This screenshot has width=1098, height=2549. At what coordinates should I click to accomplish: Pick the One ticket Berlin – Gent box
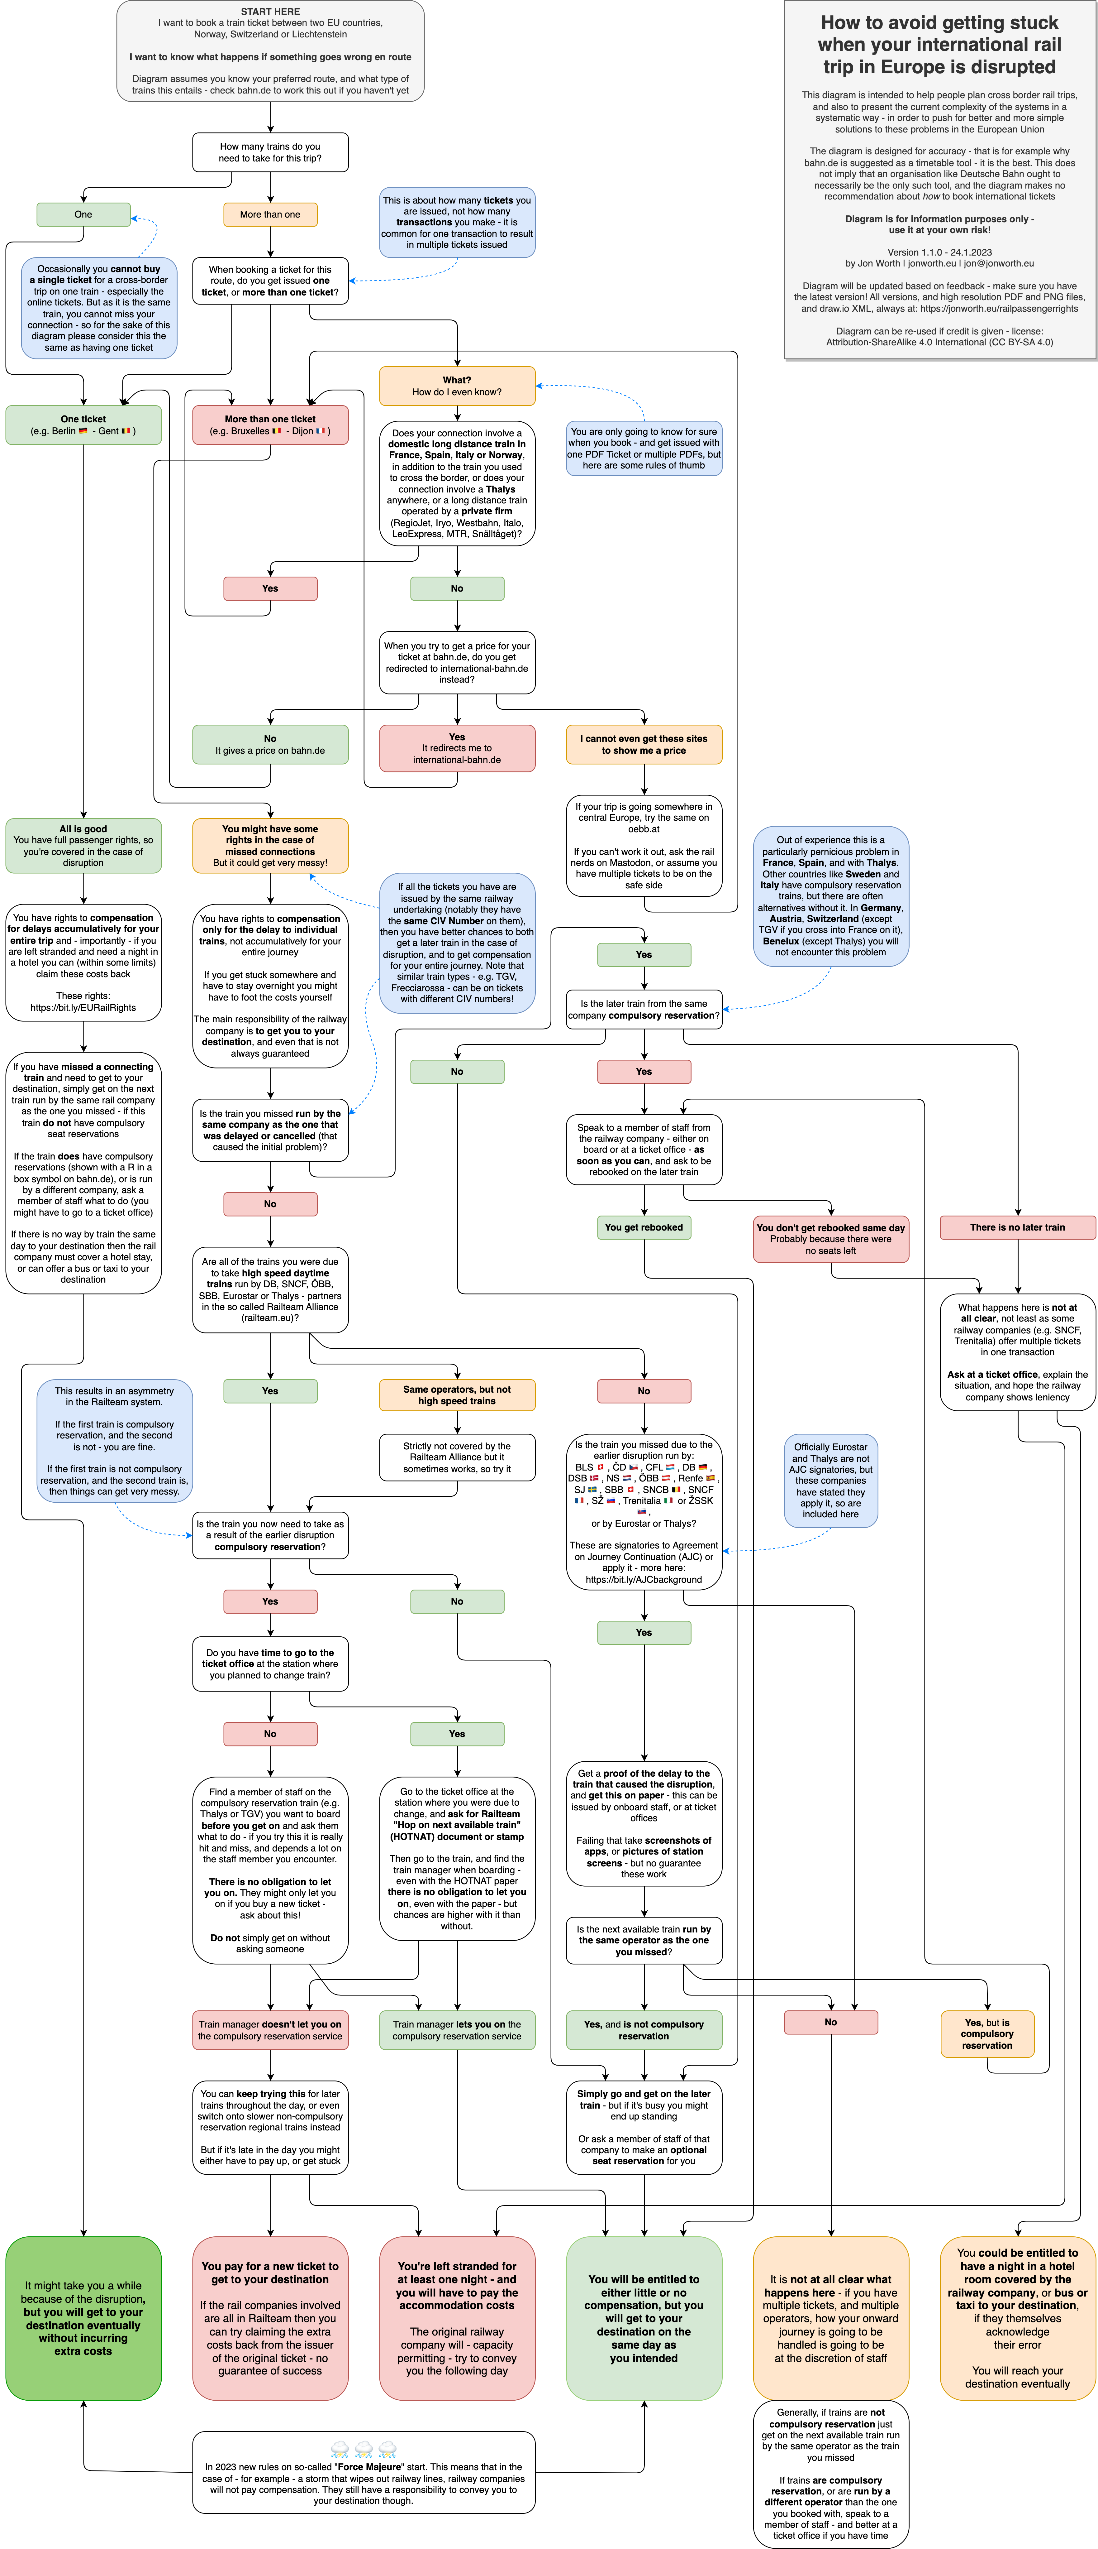pyautogui.click(x=83, y=425)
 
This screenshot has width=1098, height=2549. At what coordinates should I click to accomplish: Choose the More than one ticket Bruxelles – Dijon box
pyautogui.click(x=270, y=425)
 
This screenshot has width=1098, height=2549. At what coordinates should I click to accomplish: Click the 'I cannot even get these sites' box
pyautogui.click(x=644, y=744)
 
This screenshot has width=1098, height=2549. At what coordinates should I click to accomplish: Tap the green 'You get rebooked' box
pyautogui.click(x=644, y=1227)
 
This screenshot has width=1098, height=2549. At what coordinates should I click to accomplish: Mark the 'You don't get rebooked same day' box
pyautogui.click(x=831, y=1239)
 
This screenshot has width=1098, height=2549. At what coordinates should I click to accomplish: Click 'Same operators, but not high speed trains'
pyautogui.click(x=457, y=1395)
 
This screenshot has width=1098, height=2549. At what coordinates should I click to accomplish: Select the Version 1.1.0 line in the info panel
pyautogui.click(x=940, y=252)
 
